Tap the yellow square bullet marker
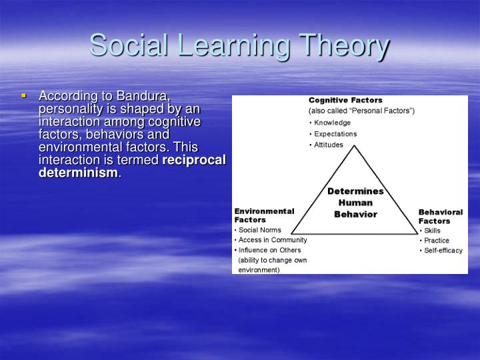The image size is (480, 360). [x=25, y=96]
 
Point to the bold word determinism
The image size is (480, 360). [x=78, y=173]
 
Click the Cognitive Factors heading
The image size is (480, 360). [x=345, y=100]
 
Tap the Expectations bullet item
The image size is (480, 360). [x=335, y=134]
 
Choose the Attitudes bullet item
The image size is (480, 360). [x=329, y=145]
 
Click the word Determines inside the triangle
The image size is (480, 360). [x=355, y=191]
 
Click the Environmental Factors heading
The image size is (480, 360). [x=264, y=215]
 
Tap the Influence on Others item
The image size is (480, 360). [x=269, y=250]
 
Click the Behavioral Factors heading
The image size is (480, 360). [x=440, y=217]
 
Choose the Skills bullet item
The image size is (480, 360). [x=432, y=231]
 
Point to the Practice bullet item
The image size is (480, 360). [x=437, y=241]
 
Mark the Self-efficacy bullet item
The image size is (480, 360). [x=443, y=251]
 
